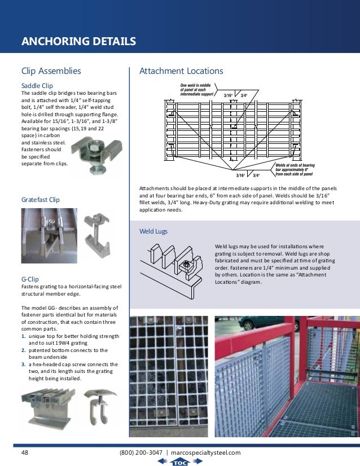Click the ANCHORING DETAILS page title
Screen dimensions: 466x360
78,41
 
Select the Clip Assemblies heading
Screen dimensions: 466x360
51,71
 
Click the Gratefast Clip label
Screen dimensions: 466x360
40,200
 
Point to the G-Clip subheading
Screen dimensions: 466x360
30,279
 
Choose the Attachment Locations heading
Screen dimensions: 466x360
181,71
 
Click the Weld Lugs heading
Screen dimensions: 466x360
153,231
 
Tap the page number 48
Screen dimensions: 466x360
25,452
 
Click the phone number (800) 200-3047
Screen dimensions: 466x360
141,452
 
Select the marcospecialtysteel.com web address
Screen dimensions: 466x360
205,452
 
